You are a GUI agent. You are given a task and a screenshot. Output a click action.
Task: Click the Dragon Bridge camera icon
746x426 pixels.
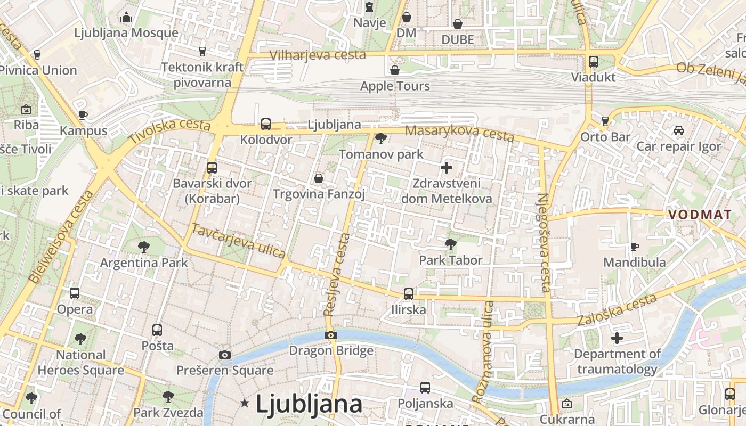(331, 335)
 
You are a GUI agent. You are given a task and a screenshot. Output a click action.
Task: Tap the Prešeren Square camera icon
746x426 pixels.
(225, 355)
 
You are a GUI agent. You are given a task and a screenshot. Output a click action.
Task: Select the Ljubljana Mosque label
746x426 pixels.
(126, 32)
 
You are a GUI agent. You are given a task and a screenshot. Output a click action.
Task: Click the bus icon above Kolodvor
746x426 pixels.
(265, 124)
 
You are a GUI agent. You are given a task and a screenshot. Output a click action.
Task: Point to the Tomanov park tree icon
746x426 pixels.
(380, 139)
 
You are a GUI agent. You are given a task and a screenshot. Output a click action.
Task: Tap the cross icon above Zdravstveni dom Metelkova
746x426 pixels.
(447, 168)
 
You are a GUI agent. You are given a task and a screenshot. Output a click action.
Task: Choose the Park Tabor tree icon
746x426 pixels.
(450, 244)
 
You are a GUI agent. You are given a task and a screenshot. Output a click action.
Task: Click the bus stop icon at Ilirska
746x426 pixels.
(409, 293)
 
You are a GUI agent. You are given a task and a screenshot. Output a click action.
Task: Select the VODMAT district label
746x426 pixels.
(700, 214)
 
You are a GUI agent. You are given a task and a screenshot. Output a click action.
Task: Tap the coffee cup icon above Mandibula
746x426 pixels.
(634, 246)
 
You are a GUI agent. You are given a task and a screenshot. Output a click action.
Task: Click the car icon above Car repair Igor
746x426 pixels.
(678, 130)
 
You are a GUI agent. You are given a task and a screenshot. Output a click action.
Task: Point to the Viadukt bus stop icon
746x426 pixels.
(594, 61)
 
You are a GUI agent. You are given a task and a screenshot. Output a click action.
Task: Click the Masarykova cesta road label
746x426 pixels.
(459, 133)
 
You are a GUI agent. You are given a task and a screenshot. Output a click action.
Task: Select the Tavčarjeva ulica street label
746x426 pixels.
(238, 241)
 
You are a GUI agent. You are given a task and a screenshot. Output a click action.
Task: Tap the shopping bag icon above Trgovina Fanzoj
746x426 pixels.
(319, 178)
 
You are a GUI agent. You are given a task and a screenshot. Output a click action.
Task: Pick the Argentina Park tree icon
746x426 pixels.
(143, 247)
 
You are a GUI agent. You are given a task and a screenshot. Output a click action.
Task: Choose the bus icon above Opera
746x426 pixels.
(75, 293)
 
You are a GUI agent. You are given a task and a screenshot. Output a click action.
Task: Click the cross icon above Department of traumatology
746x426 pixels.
(617, 338)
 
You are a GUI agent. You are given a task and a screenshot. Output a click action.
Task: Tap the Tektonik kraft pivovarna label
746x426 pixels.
(202, 75)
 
